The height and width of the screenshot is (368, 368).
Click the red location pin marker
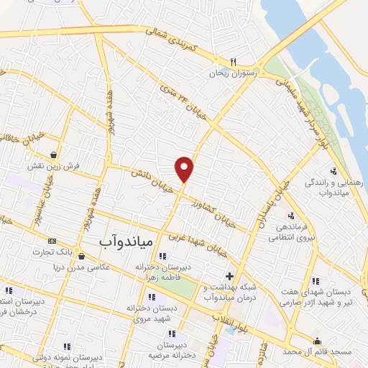tap(185, 168)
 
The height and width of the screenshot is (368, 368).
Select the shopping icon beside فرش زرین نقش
tap(55, 154)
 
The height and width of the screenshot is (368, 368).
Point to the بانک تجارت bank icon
tap(51, 241)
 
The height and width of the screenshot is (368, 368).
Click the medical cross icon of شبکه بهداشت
tap(229, 276)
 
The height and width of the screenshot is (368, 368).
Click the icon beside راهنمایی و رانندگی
tap(333, 171)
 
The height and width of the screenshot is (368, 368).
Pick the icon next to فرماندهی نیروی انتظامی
tap(290, 215)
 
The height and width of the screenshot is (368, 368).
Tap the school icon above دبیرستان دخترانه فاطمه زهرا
tap(162, 256)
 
